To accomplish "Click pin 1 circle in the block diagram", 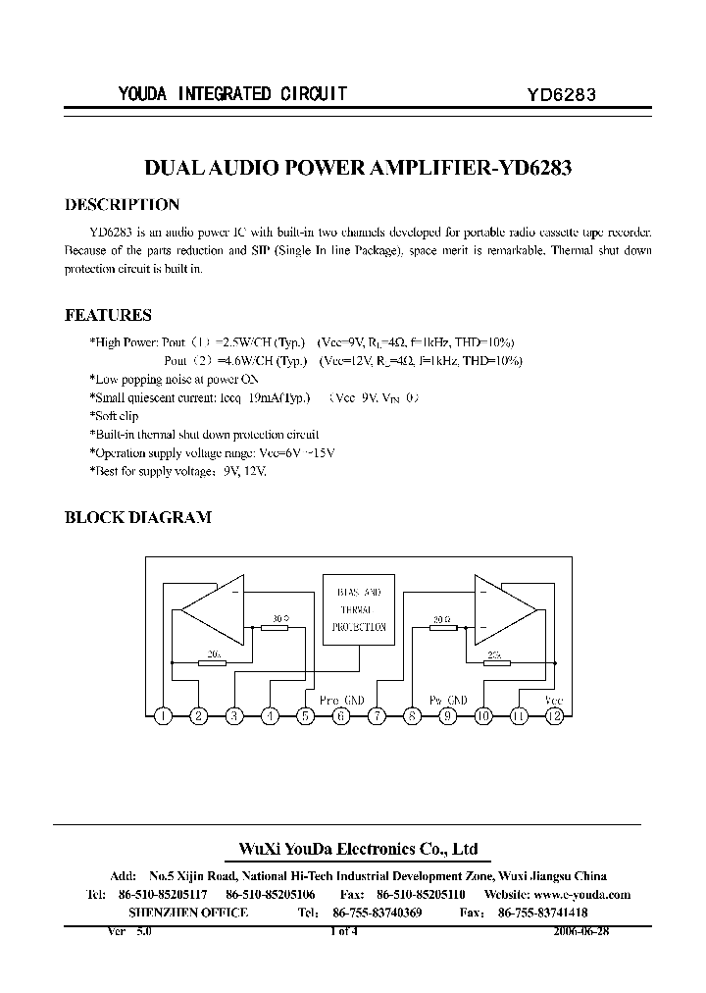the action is [164, 715].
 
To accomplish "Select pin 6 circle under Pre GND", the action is [341, 715].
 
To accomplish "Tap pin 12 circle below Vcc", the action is [554, 715].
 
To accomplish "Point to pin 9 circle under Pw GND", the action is [448, 715].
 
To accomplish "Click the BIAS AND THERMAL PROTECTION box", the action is [359, 608].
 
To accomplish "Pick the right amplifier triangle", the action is [502, 610].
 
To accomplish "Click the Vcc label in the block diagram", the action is [553, 699].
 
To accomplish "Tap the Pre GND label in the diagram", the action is [342, 700].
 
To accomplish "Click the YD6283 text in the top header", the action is [562, 95].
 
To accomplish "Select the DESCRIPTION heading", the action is [122, 205].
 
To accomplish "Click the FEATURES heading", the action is [108, 315].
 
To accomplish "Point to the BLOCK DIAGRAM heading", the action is [137, 517].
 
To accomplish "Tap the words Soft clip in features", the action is [116, 416].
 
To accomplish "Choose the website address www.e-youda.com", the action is [581, 894].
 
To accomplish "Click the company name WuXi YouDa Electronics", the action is [359, 850].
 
